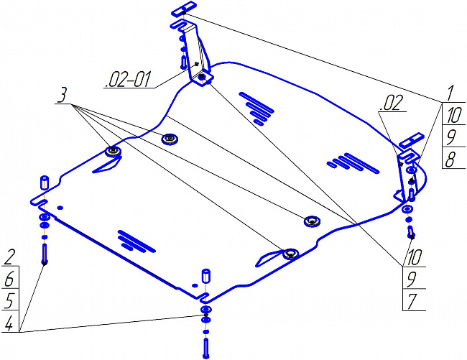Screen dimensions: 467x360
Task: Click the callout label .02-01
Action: click(127, 79)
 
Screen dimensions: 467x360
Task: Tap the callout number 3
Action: click(63, 96)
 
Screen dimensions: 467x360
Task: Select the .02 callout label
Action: click(392, 103)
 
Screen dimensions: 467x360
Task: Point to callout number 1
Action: click(450, 93)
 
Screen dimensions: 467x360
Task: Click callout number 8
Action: click(450, 160)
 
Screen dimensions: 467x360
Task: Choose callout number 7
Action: click(412, 302)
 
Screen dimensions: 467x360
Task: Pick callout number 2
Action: click(9, 257)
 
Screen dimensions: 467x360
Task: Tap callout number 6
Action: click(9, 280)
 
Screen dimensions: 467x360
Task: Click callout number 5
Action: click(9, 301)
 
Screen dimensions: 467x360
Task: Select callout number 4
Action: click(9, 323)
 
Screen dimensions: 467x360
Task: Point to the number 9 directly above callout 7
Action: click(412, 280)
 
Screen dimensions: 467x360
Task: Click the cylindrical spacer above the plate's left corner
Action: click(45, 183)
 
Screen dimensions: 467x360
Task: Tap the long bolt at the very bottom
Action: click(205, 348)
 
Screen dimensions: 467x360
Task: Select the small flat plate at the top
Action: click(183, 9)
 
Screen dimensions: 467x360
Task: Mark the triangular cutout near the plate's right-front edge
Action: click(268, 258)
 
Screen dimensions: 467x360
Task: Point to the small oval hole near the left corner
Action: click(60, 207)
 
